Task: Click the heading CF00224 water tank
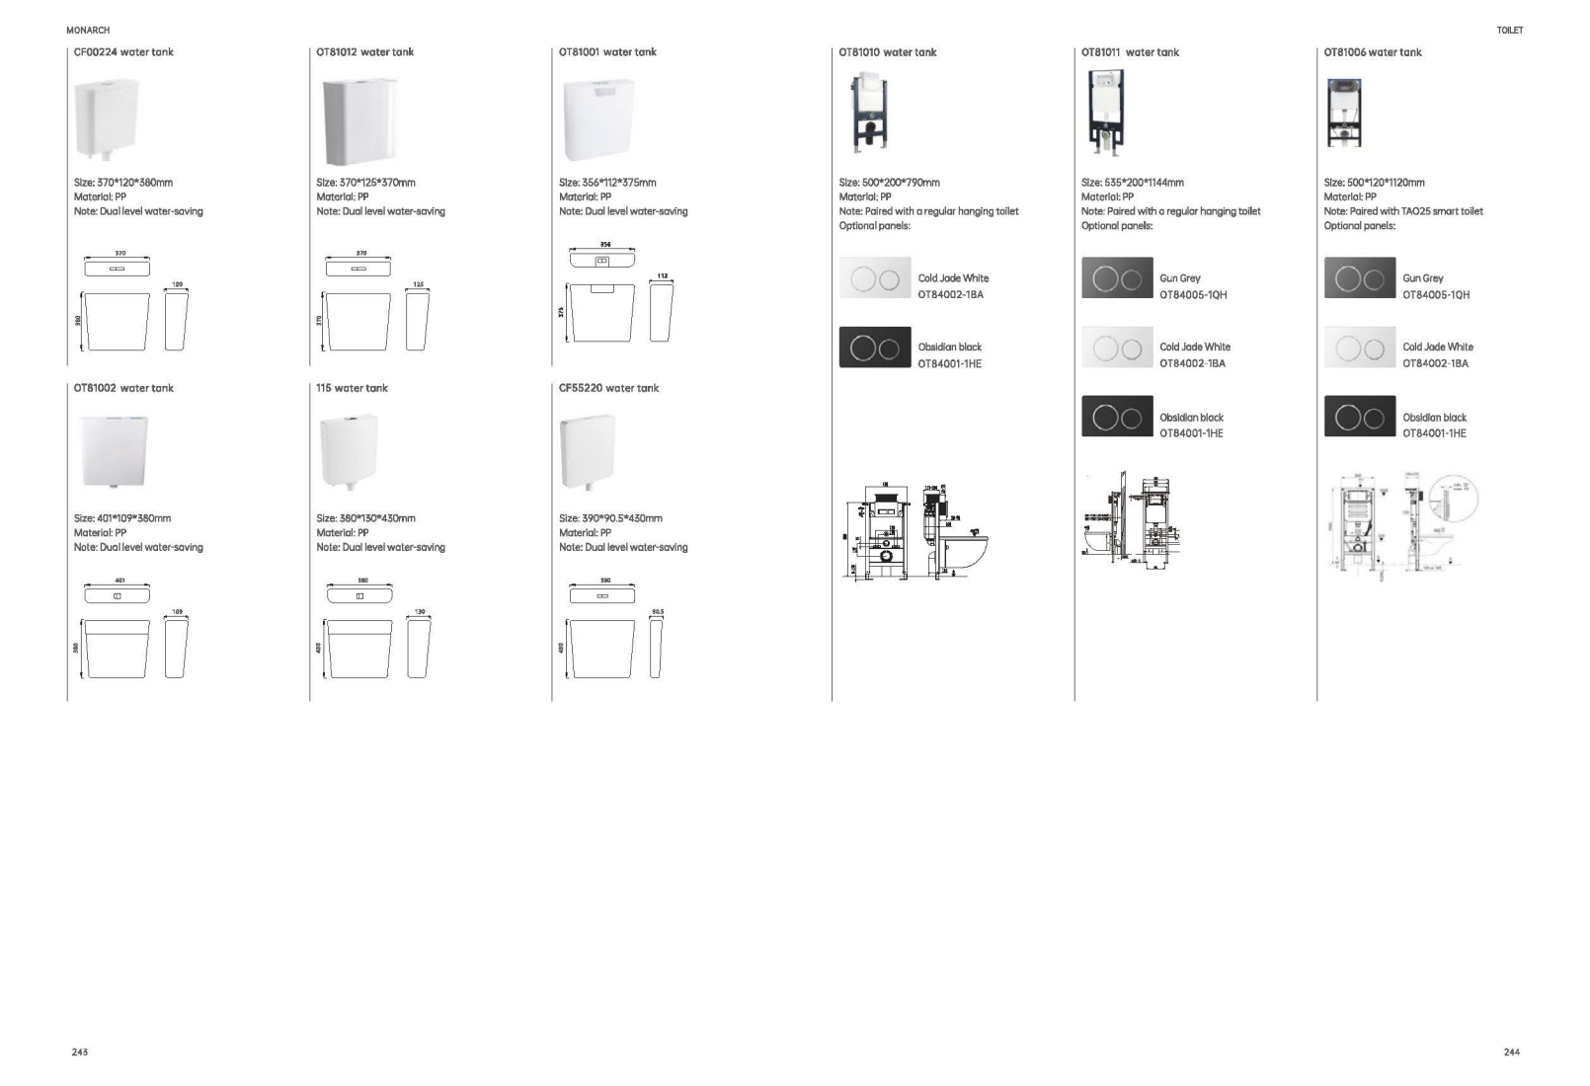[x=123, y=52]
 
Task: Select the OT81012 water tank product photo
[x=359, y=121]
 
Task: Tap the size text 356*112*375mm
[x=607, y=183]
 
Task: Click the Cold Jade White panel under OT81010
[x=875, y=278]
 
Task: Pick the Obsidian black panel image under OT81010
[x=875, y=348]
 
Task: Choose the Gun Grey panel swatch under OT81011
[x=1117, y=278]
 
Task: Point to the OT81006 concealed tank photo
[x=1343, y=112]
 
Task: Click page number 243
[x=80, y=1052]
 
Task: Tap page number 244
[x=1511, y=1052]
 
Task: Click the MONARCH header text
[x=88, y=31]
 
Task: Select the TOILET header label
[x=1509, y=31]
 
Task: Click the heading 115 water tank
[x=352, y=388]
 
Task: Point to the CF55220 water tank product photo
[x=587, y=452]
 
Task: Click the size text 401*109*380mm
[x=122, y=518]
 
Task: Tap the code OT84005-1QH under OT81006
[x=1436, y=295]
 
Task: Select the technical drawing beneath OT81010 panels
[x=915, y=529]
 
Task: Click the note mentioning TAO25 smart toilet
[x=1403, y=211]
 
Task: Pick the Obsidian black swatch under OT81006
[x=1360, y=417]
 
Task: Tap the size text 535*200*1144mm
[x=1132, y=183]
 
